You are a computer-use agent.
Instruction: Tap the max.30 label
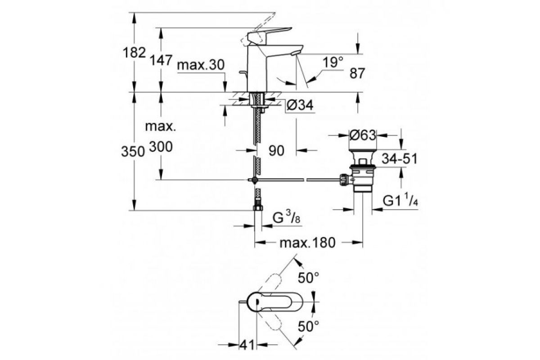click(200, 65)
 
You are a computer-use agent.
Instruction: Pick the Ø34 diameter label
click(300, 105)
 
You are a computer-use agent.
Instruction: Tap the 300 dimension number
click(160, 147)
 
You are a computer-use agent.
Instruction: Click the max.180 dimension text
click(308, 243)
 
